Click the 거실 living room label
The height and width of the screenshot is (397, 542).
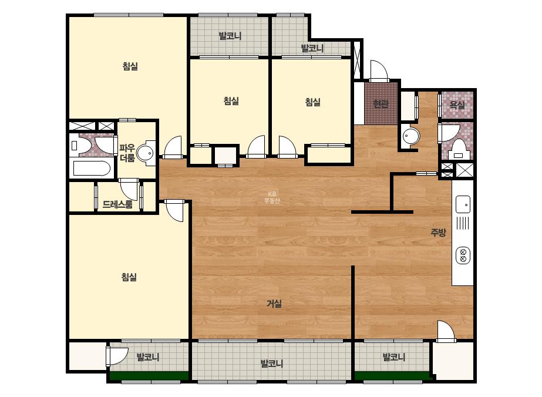point(274,304)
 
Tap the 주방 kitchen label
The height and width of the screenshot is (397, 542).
point(438,233)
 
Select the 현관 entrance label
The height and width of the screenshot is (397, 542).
point(381,103)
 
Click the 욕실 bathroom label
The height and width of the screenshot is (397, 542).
point(457,105)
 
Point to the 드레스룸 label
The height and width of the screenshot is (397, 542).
point(117,204)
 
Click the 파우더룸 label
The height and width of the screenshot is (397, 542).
point(127,153)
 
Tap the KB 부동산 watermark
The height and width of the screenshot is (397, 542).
point(272,197)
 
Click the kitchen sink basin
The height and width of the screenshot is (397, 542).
point(463,204)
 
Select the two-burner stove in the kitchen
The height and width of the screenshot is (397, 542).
point(463,255)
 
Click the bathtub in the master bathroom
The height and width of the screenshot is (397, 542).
point(92,169)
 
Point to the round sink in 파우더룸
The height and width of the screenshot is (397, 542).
point(145,153)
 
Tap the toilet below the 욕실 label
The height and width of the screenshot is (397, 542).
point(459,148)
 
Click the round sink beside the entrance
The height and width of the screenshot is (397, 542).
point(411,136)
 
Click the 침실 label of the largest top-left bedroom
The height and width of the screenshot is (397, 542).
point(130,66)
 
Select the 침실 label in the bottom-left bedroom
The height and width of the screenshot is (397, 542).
point(129,277)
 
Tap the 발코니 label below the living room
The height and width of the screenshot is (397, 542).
point(272,364)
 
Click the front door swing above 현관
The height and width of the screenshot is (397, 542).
point(379,71)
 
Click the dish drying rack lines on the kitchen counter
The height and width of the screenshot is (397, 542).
point(463,223)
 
